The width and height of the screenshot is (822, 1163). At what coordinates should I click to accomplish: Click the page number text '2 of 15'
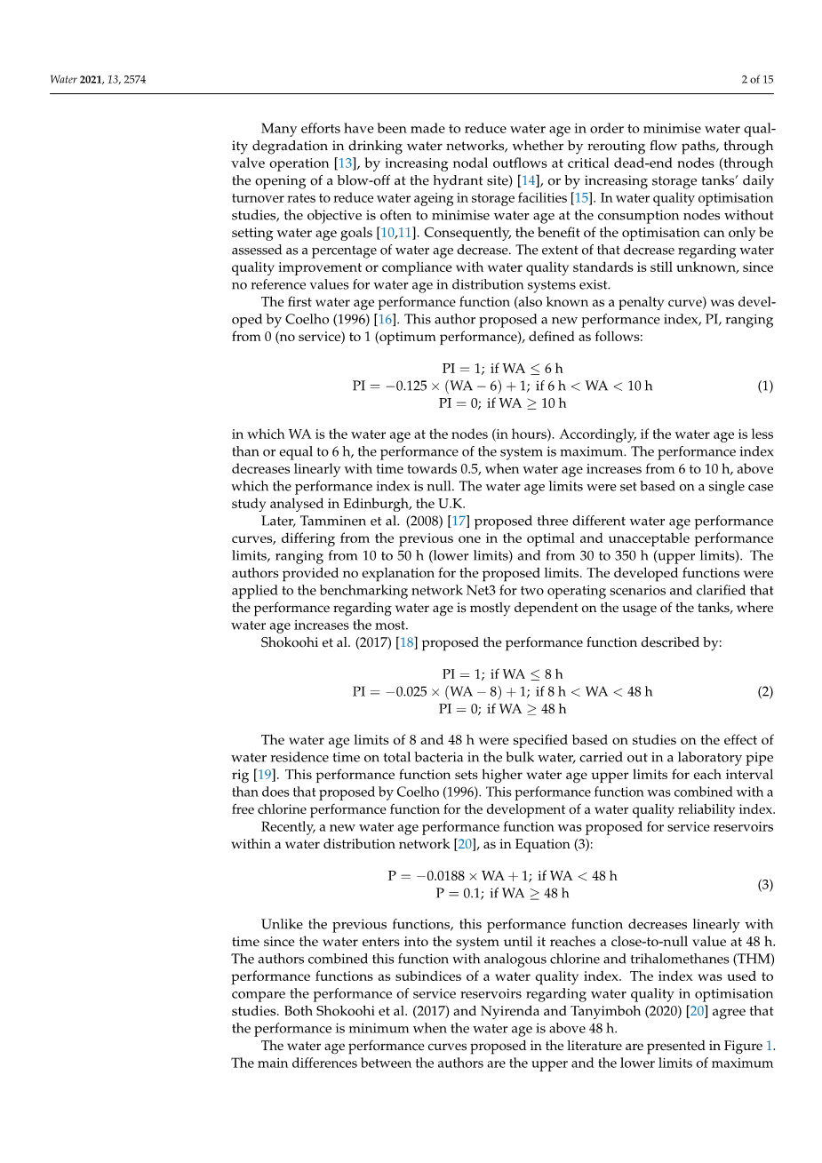click(757, 79)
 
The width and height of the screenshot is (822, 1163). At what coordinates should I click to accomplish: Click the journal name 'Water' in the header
click(63, 79)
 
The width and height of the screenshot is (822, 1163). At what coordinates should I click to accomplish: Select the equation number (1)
click(764, 386)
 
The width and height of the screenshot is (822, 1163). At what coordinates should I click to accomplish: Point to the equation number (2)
click(764, 692)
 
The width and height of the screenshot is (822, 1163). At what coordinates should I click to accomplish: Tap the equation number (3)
click(764, 885)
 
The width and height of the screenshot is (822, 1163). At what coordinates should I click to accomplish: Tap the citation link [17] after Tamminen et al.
click(459, 522)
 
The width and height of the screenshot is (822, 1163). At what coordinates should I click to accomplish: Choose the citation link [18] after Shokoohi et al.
click(407, 642)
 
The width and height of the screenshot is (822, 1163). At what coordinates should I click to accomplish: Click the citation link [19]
click(264, 775)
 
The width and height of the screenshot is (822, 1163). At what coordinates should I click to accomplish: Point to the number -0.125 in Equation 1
click(410, 386)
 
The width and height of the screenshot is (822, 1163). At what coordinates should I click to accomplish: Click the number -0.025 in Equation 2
click(410, 692)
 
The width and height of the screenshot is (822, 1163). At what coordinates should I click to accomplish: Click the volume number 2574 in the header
click(135, 79)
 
